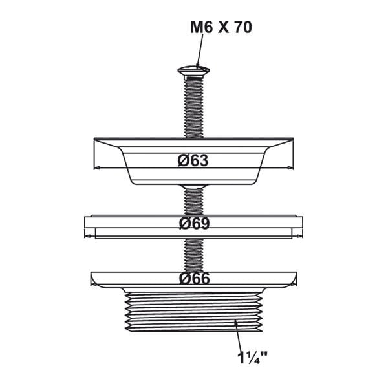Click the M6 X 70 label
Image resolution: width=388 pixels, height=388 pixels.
(x=221, y=27)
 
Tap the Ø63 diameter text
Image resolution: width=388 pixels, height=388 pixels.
(x=193, y=160)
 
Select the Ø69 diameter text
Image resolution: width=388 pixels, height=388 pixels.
(x=194, y=223)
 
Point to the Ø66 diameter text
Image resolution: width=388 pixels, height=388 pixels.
(x=194, y=279)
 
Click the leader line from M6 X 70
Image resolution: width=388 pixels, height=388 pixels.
(x=200, y=50)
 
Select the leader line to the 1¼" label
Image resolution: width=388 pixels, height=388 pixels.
(x=238, y=335)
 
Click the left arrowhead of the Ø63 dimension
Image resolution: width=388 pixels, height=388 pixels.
(x=97, y=168)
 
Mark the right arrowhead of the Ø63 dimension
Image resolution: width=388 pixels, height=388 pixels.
(x=290, y=168)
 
